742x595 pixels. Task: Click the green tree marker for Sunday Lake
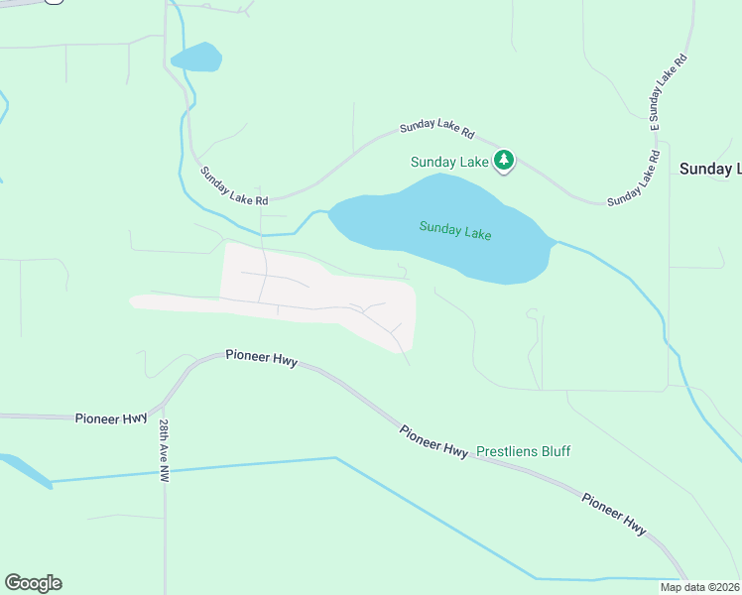[504, 160]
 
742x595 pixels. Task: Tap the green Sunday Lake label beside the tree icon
[449, 162]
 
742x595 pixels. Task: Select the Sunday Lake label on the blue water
[455, 230]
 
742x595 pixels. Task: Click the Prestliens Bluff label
[524, 451]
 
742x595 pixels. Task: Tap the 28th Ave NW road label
[164, 450]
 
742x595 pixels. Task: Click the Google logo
[33, 583]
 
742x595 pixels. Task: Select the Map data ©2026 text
[699, 587]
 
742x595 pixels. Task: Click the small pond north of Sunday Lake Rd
[196, 58]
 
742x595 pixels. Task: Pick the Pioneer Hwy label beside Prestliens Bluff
[433, 441]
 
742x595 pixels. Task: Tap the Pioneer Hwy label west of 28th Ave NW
[111, 418]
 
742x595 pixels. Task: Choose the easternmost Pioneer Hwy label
[614, 515]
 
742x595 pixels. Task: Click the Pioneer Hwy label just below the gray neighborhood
[261, 356]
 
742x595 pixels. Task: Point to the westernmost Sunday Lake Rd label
[234, 185]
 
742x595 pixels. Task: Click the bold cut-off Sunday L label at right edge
[709, 170]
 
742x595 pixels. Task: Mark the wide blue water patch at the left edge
[25, 470]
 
